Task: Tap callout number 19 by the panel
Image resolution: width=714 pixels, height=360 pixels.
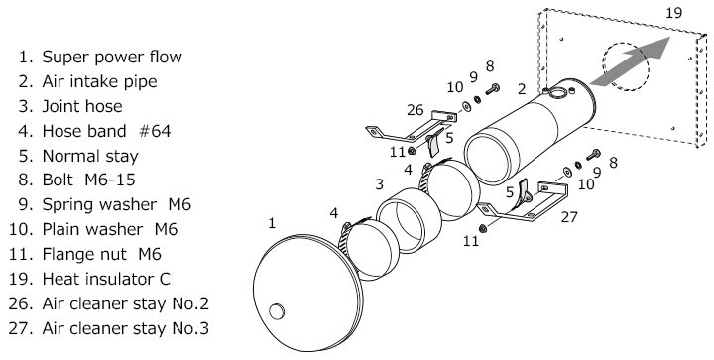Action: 674,13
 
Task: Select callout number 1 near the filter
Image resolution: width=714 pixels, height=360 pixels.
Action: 272,223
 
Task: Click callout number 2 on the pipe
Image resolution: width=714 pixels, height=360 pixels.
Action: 522,89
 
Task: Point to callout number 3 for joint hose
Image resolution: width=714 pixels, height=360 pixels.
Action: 379,184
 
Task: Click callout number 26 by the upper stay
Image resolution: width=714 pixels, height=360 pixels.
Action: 415,110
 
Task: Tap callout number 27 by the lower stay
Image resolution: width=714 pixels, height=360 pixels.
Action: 569,217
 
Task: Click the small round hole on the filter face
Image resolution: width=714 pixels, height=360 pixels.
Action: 277,311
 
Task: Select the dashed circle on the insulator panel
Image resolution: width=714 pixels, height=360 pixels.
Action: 625,66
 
